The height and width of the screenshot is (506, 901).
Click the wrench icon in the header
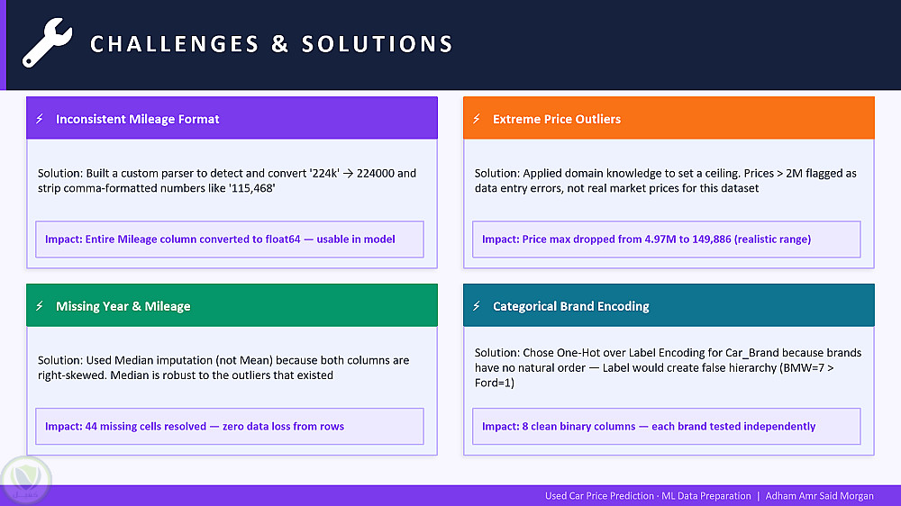coord(48,42)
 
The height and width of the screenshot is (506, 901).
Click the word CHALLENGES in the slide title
coord(175,44)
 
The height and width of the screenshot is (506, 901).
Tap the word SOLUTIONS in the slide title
coord(378,44)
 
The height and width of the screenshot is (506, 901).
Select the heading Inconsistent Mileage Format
coord(137,119)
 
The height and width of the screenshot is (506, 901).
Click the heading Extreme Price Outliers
coord(557,119)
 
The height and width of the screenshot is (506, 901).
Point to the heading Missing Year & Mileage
coord(123,306)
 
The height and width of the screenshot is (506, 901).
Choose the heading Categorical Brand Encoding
coord(571,306)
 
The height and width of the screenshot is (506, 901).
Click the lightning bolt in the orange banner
coord(477,119)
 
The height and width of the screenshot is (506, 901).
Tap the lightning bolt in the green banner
coord(40,306)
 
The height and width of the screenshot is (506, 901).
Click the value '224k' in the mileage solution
coord(324,174)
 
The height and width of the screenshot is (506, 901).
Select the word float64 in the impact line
coord(283,239)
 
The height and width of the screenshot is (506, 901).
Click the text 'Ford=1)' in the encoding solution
coord(494,383)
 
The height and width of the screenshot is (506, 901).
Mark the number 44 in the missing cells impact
coord(91,426)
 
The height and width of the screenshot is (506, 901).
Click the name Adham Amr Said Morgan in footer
coord(819,496)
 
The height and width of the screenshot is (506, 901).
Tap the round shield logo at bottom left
coord(25,480)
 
